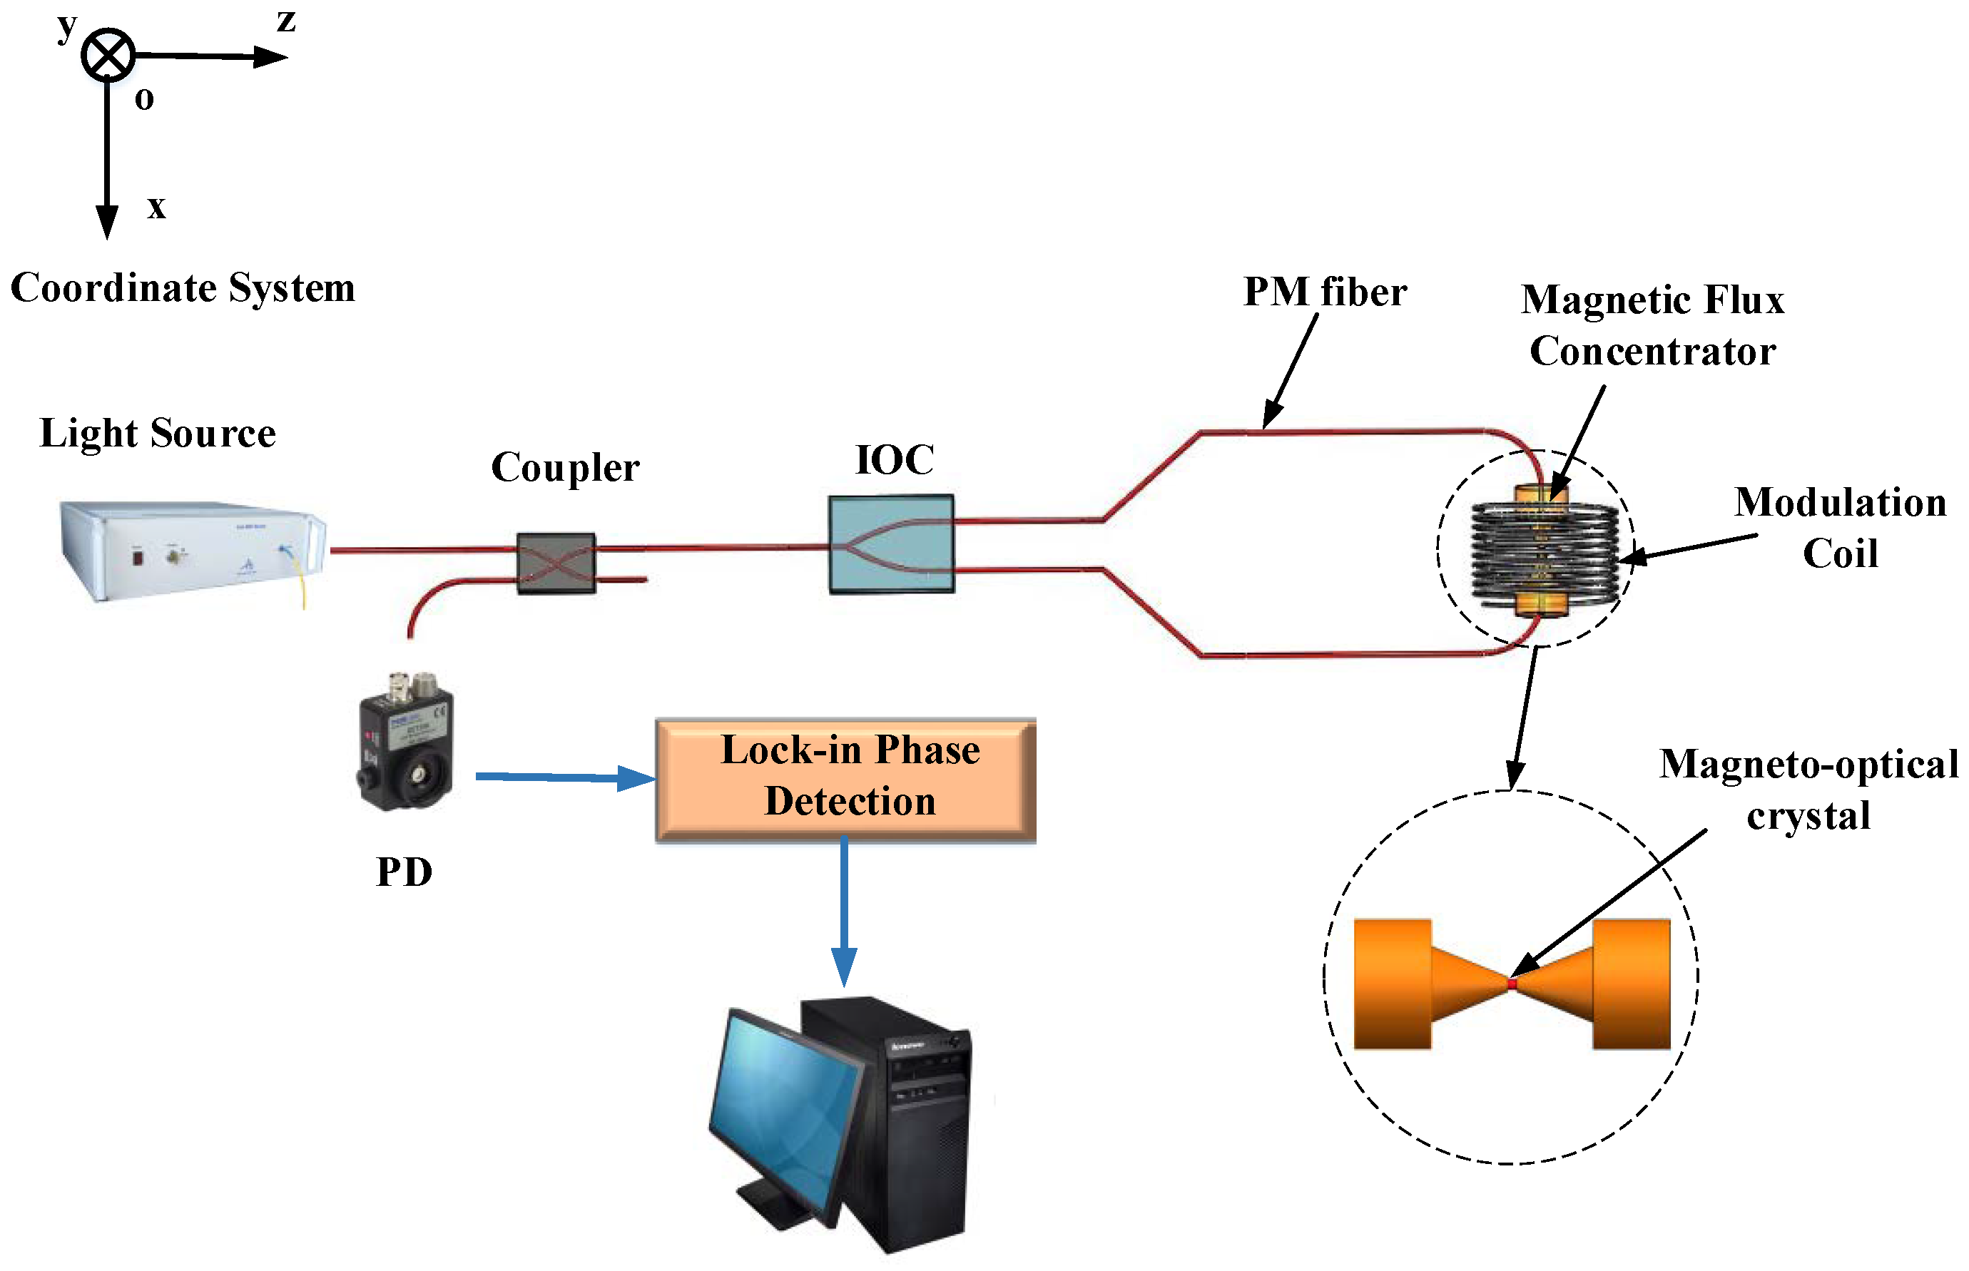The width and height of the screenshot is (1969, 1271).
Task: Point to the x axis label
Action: point(156,206)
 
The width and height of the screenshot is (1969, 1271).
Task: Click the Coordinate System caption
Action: point(183,288)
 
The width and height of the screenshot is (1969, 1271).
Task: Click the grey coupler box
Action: point(556,563)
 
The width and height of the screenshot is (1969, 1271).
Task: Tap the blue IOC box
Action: point(891,544)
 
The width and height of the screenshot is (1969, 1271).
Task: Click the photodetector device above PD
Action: point(405,740)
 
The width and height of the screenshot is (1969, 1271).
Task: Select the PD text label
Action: point(404,872)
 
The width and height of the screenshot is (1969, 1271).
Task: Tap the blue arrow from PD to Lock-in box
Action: point(561,777)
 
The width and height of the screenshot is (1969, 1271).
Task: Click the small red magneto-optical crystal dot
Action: point(1512,984)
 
